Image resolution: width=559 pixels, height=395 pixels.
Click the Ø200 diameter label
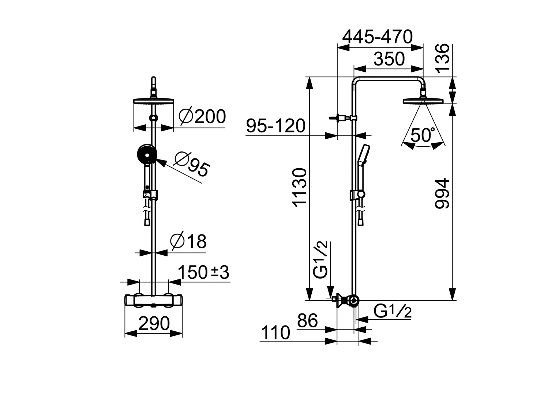(202, 117)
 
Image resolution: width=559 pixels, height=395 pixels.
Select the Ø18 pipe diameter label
(188, 242)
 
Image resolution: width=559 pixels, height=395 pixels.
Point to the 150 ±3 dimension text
(203, 272)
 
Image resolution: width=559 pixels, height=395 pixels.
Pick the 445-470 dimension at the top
(377, 37)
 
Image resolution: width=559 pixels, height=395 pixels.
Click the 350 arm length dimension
(389, 59)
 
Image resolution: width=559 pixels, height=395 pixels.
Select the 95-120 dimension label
(275, 126)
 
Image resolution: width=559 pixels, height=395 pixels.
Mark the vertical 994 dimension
(442, 193)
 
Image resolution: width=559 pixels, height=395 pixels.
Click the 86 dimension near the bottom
(307, 321)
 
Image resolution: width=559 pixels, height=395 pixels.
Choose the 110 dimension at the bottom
(275, 333)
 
